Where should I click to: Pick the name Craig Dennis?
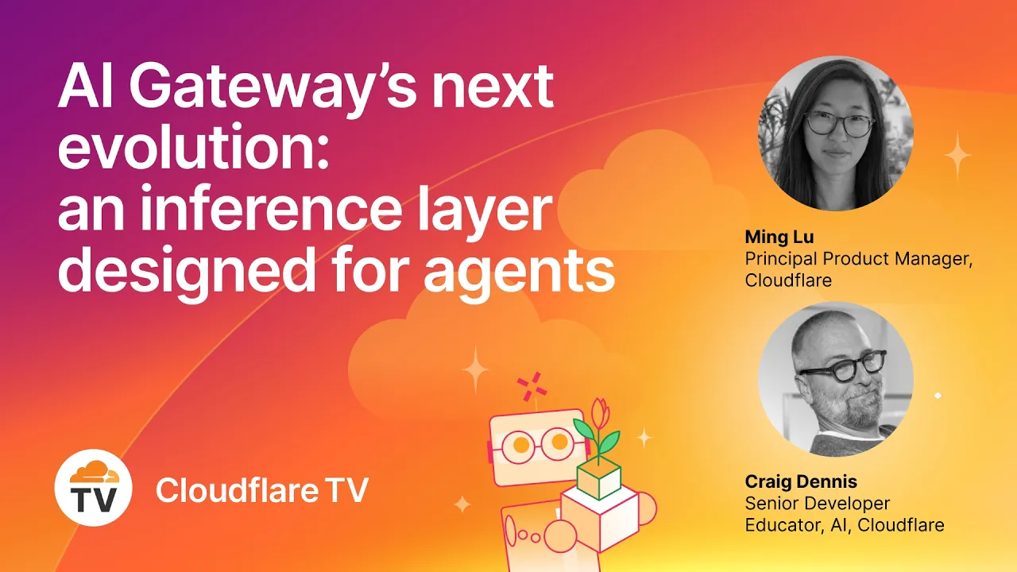coord(802,482)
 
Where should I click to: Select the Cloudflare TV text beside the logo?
coord(262,489)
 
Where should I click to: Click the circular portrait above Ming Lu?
coord(836,133)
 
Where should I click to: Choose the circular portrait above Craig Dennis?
coord(836,379)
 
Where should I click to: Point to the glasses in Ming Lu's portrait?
coord(839,124)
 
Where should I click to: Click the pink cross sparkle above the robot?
coord(534,387)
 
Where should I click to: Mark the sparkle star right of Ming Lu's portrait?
coord(957,154)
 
